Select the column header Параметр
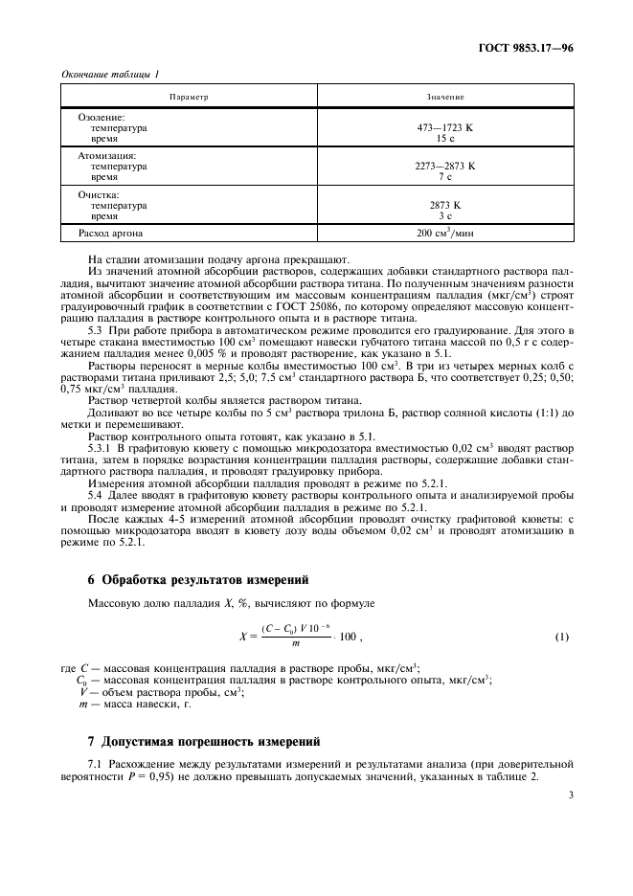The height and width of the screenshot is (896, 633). (189, 98)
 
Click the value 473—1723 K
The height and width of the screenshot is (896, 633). (445, 126)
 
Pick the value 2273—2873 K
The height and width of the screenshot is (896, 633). (445, 166)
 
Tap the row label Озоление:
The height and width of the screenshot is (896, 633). (102, 116)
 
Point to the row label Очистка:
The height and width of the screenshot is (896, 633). (99, 194)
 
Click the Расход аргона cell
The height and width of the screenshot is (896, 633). (113, 233)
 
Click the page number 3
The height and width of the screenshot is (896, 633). (570, 794)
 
